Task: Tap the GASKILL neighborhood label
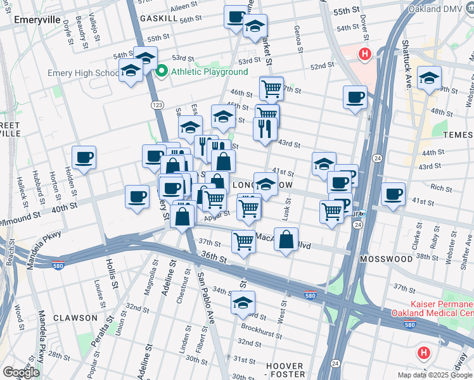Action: click(159, 19)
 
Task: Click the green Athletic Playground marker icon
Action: click(162, 71)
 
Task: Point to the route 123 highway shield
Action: click(154, 103)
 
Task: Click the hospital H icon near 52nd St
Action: click(364, 54)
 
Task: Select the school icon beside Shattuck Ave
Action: click(429, 78)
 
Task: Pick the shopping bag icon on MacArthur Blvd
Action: click(286, 239)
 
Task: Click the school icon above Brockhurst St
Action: click(242, 303)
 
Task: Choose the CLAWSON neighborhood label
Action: click(75, 318)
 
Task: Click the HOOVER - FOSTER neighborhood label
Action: click(285, 370)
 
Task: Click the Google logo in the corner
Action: click(21, 372)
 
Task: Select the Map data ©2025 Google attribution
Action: click(435, 375)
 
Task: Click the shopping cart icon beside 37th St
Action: click(243, 241)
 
